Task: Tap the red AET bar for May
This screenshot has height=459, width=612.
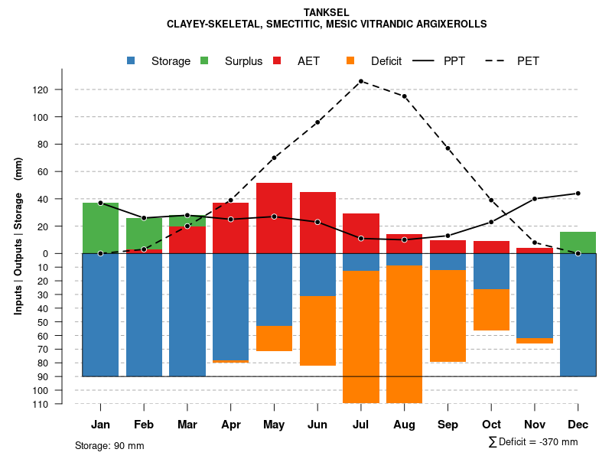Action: click(274, 218)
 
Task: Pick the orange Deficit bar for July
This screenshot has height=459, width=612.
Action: click(361, 337)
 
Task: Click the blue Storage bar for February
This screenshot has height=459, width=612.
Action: click(144, 314)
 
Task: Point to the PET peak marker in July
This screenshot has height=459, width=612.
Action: click(361, 81)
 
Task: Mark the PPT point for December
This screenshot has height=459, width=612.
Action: click(578, 194)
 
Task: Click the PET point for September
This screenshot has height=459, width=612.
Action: click(448, 148)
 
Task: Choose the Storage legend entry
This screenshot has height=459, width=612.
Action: click(161, 61)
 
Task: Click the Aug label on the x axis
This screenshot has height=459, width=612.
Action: click(404, 425)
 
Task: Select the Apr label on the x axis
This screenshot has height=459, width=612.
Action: click(231, 425)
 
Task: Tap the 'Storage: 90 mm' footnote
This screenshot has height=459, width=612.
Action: click(109, 445)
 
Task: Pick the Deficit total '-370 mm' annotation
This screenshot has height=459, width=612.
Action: click(533, 442)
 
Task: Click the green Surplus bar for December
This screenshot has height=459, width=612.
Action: click(578, 243)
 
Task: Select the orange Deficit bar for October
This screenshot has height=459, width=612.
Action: click(491, 310)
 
